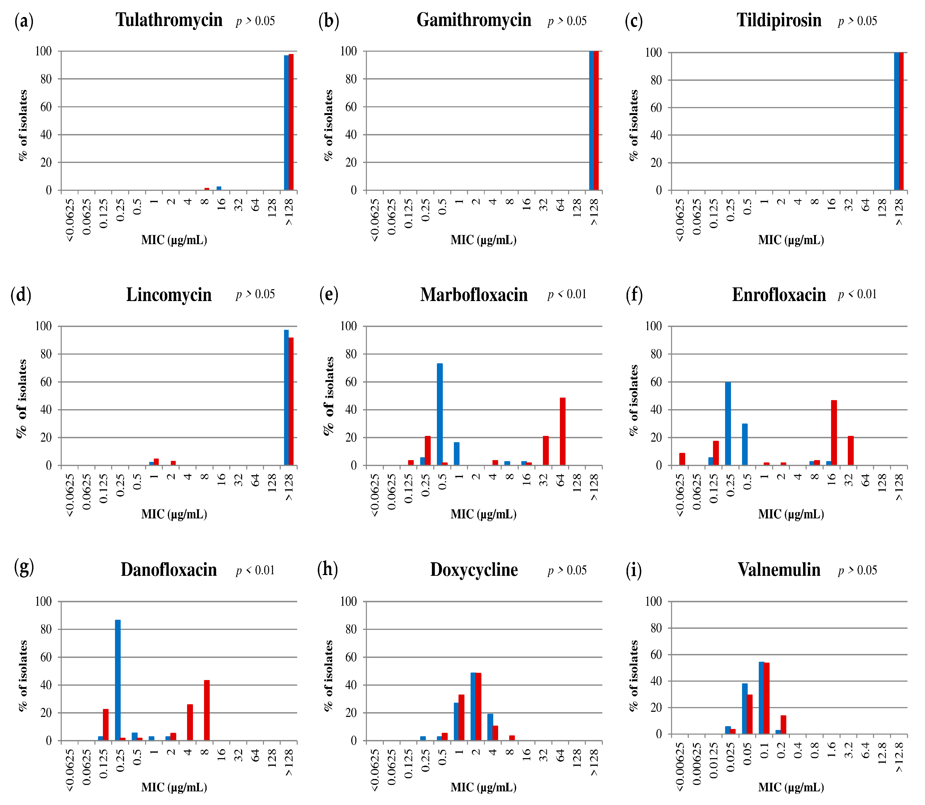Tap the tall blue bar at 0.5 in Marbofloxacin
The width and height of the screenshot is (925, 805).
tap(439, 413)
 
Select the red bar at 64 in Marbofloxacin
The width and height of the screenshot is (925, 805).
tap(562, 431)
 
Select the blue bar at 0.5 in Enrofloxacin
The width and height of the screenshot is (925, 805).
tap(745, 444)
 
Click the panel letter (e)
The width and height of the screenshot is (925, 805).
tap(329, 295)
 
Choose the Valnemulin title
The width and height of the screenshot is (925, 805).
tap(779, 570)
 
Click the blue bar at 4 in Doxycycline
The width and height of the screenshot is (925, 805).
tap(490, 726)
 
